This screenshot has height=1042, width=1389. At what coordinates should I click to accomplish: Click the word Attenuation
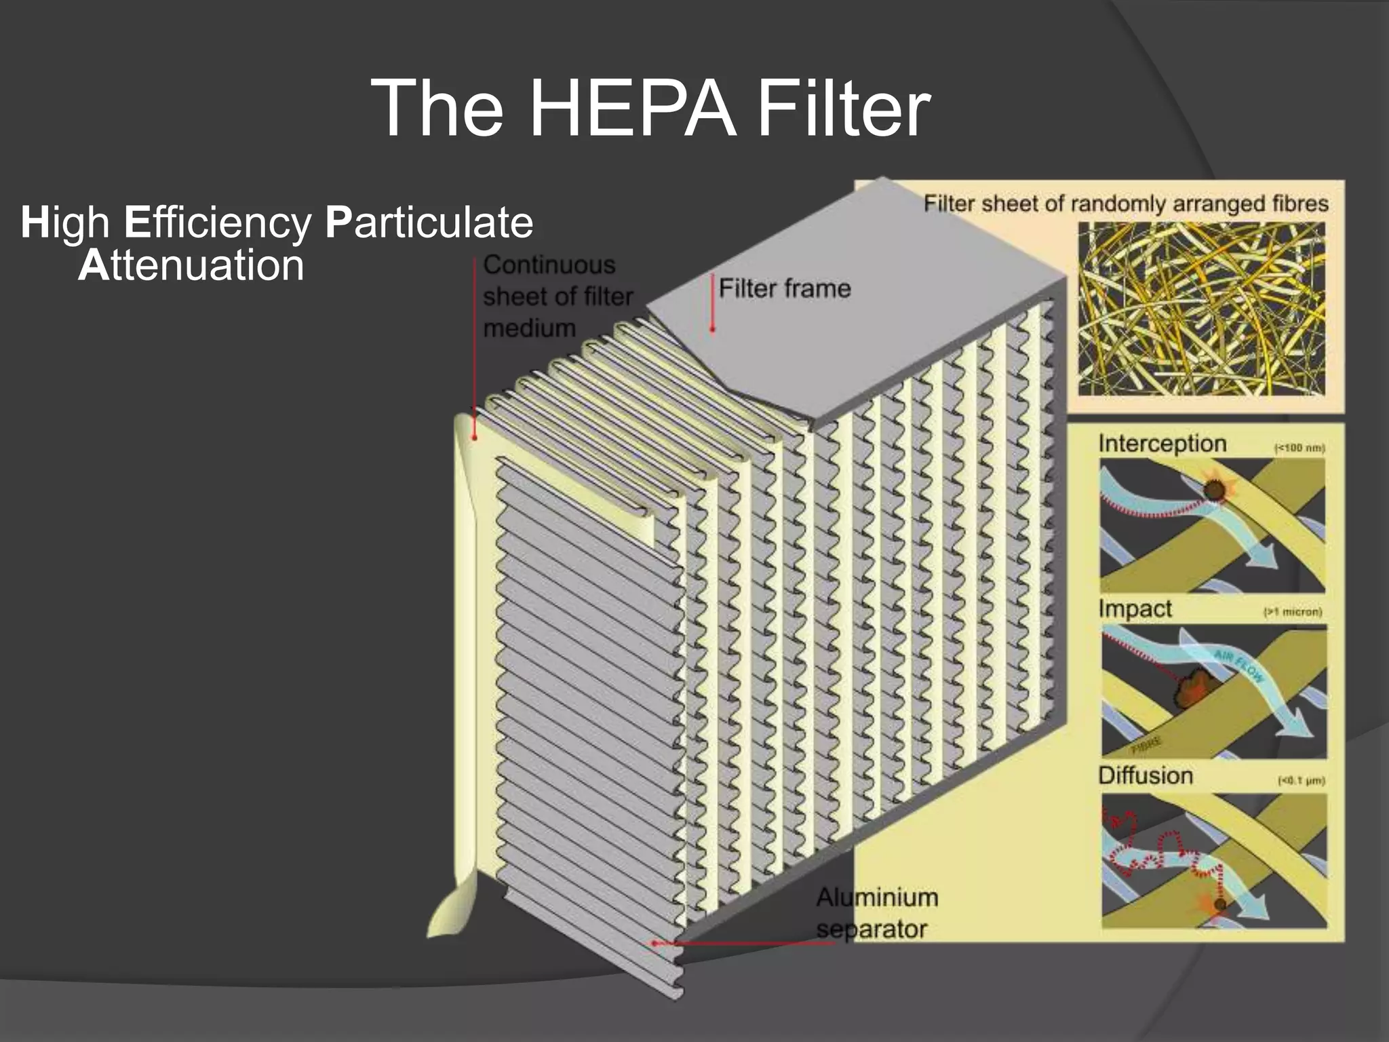tap(191, 265)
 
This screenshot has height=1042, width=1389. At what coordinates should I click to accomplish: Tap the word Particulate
tap(429, 222)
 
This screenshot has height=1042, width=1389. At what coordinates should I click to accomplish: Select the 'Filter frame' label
tap(785, 288)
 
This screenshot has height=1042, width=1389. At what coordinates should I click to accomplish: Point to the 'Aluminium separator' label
tap(876, 913)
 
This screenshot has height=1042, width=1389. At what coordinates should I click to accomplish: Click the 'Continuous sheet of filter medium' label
tap(557, 296)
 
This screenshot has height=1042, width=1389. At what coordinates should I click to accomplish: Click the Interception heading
tap(1162, 444)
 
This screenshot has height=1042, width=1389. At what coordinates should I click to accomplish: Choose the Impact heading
tap(1135, 609)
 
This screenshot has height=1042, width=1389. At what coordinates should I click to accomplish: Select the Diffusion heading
tap(1146, 775)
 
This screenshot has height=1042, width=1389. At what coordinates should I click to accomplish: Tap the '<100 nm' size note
tap(1299, 448)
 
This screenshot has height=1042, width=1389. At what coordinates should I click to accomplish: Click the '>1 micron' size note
tap(1293, 613)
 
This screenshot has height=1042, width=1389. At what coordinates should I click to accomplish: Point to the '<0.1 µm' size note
tap(1300, 781)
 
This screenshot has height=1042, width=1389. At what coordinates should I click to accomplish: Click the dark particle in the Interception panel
tap(1213, 490)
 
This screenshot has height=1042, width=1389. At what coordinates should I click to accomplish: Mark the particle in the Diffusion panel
tap(1220, 904)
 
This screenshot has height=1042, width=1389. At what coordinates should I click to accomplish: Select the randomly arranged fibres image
tap(1201, 309)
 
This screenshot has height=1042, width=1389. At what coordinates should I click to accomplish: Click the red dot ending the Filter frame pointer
tap(712, 330)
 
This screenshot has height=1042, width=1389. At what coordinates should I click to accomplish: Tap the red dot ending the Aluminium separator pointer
tap(654, 943)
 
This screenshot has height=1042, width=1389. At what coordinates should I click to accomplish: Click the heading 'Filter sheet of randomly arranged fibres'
tap(1126, 204)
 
